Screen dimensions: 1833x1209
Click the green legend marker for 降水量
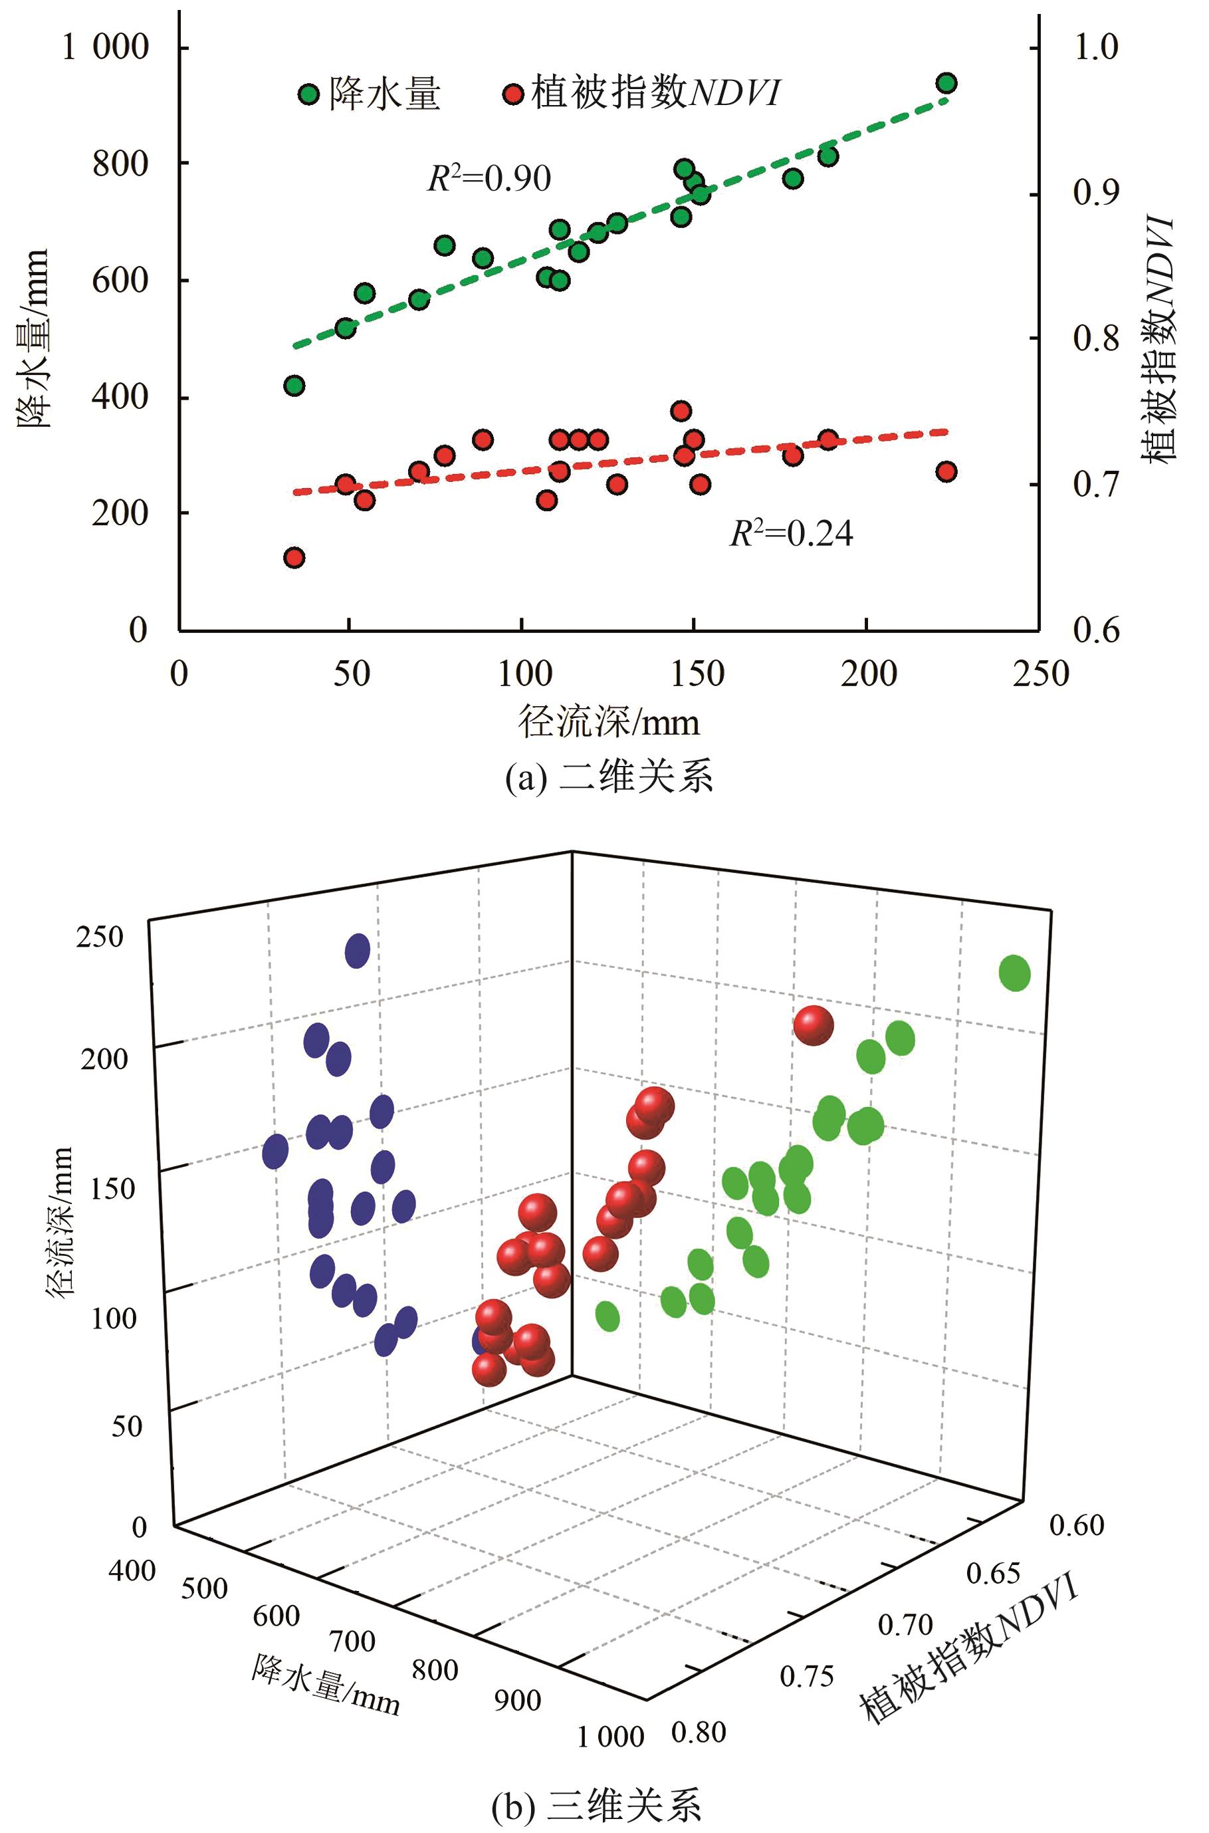308,95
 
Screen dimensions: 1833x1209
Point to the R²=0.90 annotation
490,179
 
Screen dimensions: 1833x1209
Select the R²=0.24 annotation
791,534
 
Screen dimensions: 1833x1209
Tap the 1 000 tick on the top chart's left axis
106,47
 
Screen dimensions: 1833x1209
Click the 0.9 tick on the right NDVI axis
1095,193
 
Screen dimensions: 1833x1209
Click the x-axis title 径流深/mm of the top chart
608,723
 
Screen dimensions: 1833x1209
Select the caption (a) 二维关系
608,777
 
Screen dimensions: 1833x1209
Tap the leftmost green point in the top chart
294,386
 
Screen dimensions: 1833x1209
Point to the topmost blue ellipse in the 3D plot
358,950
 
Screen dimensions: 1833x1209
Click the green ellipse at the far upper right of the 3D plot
1015,973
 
